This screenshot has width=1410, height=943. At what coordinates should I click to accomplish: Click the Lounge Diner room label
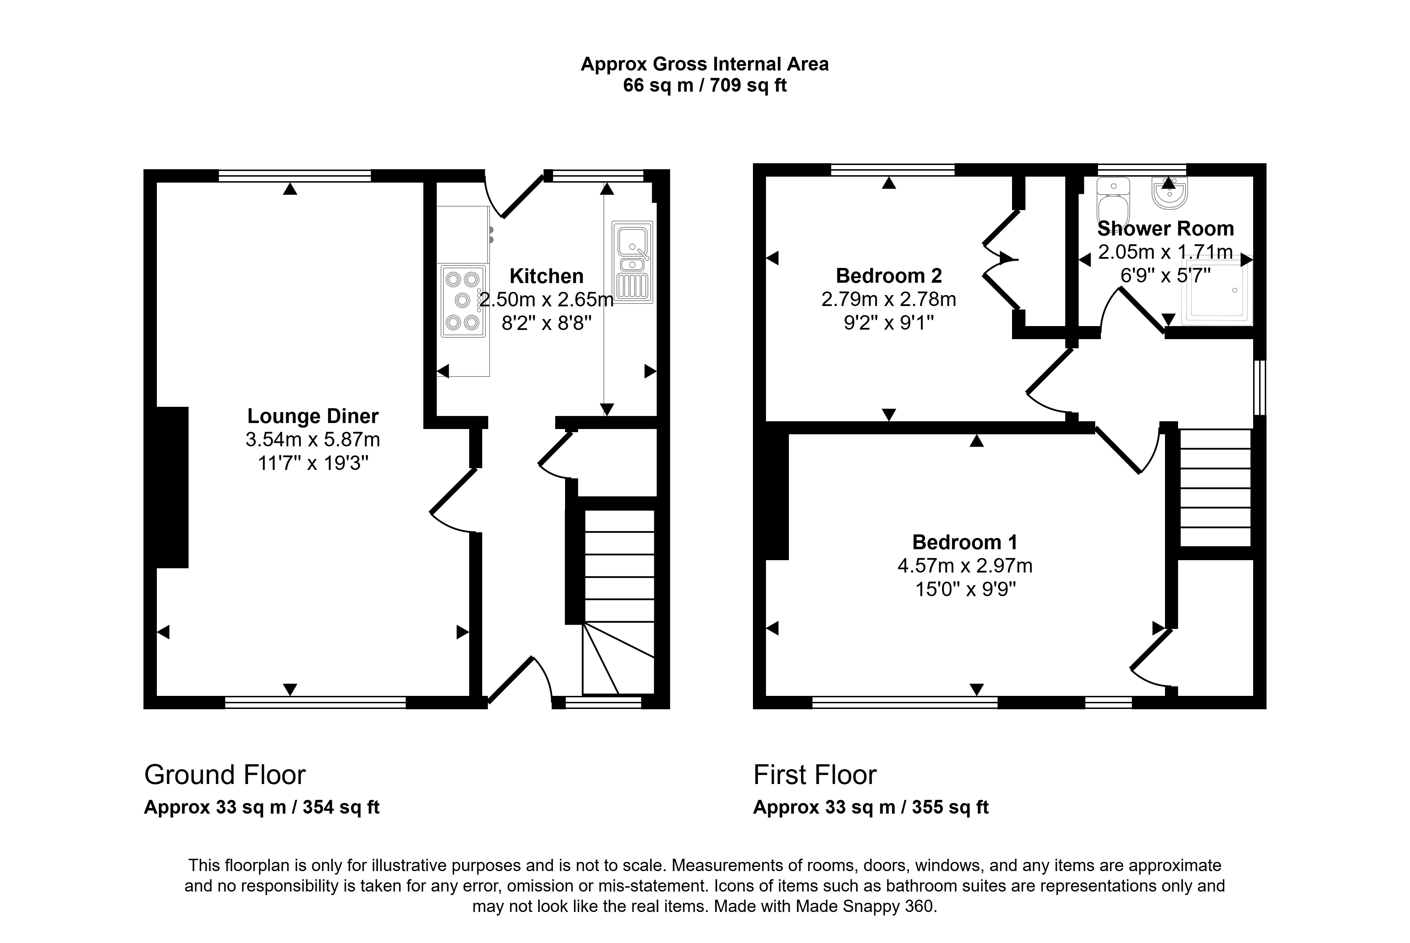tap(313, 416)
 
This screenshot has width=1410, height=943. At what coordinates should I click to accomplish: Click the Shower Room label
tap(1165, 228)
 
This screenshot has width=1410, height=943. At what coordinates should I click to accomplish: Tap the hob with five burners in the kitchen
tap(463, 301)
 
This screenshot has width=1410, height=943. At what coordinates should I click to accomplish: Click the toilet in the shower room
tap(1113, 202)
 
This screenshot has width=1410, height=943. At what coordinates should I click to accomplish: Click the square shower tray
tap(1216, 292)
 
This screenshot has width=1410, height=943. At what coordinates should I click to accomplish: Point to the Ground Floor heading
tap(225, 775)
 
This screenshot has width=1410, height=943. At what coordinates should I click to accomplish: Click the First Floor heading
tap(815, 775)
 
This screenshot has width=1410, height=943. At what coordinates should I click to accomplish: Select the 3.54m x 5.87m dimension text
tap(313, 440)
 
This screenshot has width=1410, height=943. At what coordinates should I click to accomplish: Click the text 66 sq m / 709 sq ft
tap(705, 85)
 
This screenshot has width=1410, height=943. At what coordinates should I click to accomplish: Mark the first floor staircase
tap(1215, 488)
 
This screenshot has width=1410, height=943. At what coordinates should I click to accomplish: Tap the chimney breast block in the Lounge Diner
tap(173, 487)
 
